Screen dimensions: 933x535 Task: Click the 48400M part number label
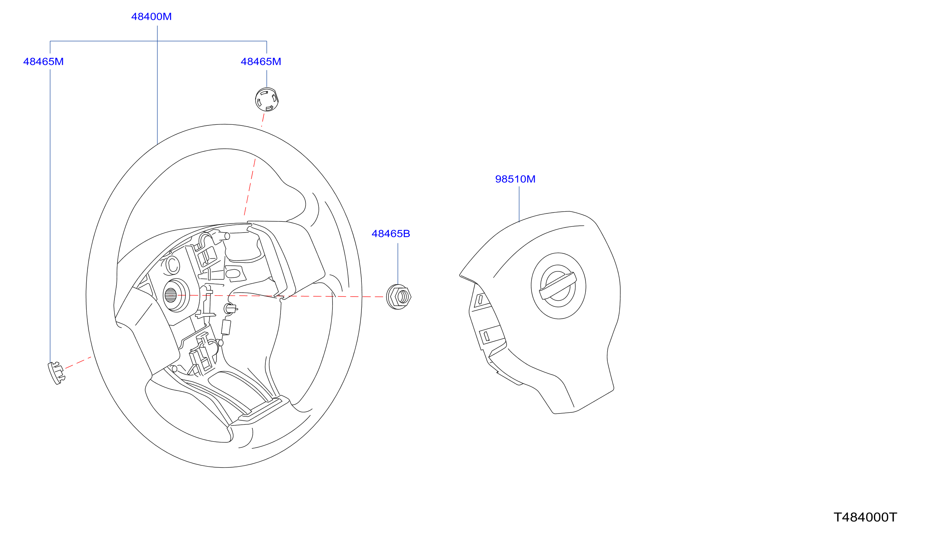151,17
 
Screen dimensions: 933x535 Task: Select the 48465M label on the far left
43,62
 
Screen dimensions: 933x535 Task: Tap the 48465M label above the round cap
261,62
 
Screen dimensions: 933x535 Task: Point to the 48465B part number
391,234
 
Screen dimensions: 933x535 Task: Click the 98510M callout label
515,179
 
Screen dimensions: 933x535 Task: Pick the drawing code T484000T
865,517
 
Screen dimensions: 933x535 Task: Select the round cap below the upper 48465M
267,100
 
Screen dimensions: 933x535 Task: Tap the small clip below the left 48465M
56,373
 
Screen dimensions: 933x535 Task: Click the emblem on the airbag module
558,286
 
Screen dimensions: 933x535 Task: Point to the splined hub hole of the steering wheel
171,295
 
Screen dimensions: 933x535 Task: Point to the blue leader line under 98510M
519,204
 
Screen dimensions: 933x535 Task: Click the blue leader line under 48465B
398,264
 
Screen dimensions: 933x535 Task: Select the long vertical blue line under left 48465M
50,216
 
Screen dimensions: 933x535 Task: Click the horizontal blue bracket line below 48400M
158,41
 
